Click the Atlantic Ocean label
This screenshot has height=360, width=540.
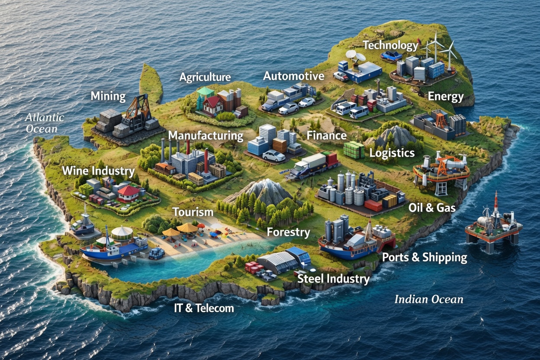pos(45,123)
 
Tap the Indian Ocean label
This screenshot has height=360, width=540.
pos(429,299)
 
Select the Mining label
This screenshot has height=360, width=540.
pos(108,96)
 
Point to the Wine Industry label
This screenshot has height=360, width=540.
pos(98,170)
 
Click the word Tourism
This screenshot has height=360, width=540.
pos(193,212)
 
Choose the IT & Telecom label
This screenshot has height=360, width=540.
pos(203,308)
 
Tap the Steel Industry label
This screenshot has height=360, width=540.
pos(333,279)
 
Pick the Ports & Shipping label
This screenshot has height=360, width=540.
pos(424,257)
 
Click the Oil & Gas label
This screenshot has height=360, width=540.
pos(432,208)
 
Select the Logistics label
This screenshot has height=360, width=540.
pos(392,153)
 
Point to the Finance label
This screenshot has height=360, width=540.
pos(327,135)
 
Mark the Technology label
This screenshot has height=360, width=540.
pos(391,45)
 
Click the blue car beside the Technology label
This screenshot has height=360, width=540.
pos(391,55)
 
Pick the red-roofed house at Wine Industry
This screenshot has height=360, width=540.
pos(129,193)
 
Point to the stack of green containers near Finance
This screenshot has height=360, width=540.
pos(354,150)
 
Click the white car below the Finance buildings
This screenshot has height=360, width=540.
pos(273,156)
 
